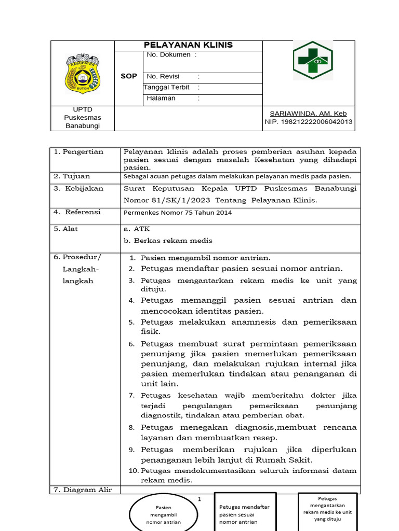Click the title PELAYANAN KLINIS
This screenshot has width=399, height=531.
188,45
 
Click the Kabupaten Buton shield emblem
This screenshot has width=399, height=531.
82,73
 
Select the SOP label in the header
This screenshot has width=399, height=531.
129,76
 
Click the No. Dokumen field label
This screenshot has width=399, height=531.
171,54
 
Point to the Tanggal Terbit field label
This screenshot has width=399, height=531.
167,87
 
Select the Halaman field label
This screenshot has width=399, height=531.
162,98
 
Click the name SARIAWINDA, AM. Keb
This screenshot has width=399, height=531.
308,114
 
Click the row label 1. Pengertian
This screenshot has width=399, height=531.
79,152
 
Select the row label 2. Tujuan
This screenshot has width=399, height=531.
72,176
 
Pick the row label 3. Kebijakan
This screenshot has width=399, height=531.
78,189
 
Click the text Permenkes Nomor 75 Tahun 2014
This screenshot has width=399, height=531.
178,212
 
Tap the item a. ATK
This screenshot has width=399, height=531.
133,229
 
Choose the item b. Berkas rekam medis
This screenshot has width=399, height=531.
168,241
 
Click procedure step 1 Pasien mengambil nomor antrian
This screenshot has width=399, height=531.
206,258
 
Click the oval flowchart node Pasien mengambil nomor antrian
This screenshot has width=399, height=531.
164,514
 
